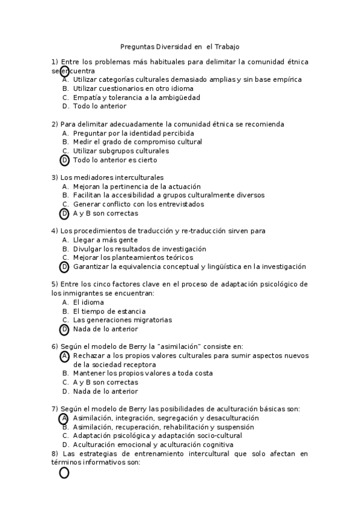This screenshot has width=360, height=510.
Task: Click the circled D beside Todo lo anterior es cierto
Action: [64, 160]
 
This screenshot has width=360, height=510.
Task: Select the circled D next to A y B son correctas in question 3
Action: [64, 214]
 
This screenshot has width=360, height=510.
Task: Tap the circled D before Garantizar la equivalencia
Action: [64, 267]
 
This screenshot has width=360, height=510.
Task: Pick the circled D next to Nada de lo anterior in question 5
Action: [64, 330]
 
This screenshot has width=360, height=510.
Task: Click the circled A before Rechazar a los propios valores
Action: [64, 356]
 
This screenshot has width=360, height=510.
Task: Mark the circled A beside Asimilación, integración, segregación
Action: [64, 418]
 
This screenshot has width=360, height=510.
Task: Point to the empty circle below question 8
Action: [64, 473]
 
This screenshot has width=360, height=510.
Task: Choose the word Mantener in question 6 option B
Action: [90, 373]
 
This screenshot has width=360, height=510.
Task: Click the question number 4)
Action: [55, 231]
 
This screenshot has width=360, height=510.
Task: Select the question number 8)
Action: [55, 453]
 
